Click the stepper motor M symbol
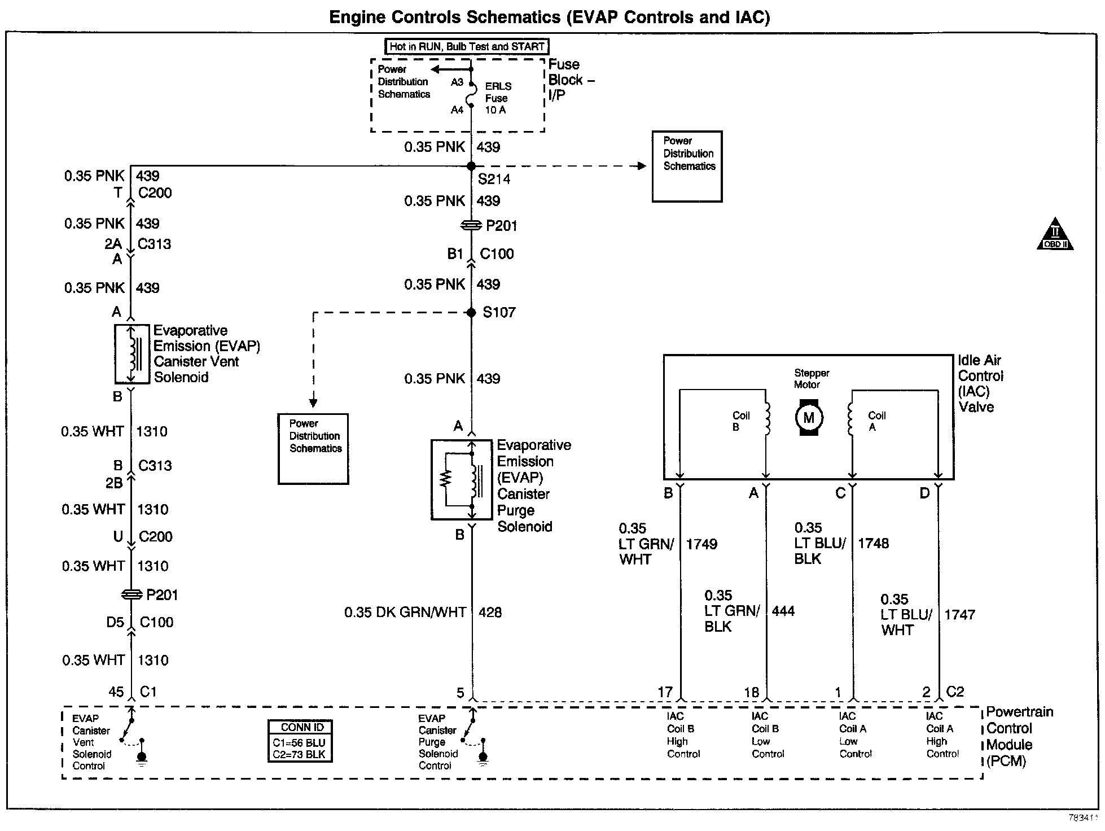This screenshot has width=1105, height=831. pyautogui.click(x=809, y=418)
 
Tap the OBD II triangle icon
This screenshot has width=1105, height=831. pyautogui.click(x=1055, y=235)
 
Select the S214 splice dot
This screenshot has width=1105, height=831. pyautogui.click(x=471, y=166)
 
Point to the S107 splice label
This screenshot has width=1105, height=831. pyautogui.click(x=499, y=312)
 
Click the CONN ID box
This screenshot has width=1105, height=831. pyautogui.click(x=300, y=741)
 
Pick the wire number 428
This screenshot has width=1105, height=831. pyautogui.click(x=490, y=613)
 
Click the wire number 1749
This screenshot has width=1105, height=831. pyautogui.click(x=701, y=544)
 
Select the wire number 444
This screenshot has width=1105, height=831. pyautogui.click(x=783, y=611)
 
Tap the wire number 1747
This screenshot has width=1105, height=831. pyautogui.click(x=959, y=615)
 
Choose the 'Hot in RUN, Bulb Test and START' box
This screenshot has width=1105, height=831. pyautogui.click(x=467, y=47)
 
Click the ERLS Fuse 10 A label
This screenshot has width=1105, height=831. pyautogui.click(x=498, y=98)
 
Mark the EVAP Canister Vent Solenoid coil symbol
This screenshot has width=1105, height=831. pyautogui.click(x=131, y=354)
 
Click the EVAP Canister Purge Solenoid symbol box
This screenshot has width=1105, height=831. pyautogui.click(x=461, y=479)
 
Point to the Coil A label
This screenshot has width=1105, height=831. pyautogui.click(x=876, y=421)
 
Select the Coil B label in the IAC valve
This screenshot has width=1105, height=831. pyautogui.click(x=740, y=421)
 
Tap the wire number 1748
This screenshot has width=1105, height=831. pyautogui.click(x=873, y=544)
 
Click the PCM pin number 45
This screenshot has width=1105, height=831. pyautogui.click(x=116, y=692)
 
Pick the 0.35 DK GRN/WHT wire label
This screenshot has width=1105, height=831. pyautogui.click(x=405, y=613)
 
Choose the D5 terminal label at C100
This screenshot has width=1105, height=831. pyautogui.click(x=115, y=622)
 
